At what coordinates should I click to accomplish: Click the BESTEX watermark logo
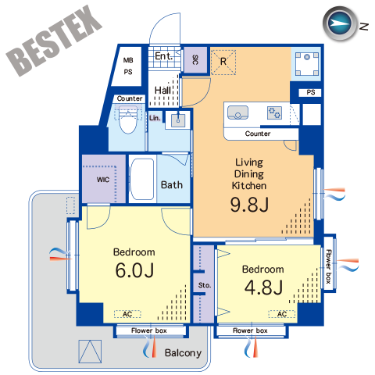coord(54,41)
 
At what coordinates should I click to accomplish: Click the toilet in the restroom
coord(128,120)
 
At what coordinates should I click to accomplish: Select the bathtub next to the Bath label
coord(141,179)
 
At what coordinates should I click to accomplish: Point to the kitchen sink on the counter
coord(237,112)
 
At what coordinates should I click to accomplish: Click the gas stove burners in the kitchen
coord(274,112)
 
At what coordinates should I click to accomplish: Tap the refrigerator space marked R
coord(223,62)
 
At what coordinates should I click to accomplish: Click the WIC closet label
coord(103,180)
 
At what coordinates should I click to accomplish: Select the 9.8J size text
coord(249,205)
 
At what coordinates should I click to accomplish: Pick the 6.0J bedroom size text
coord(134,270)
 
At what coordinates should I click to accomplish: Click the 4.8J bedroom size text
coord(263,287)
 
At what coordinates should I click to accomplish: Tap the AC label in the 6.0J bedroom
coord(127,314)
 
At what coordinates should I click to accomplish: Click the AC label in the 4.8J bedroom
coord(282,314)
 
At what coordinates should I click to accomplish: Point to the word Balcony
coord(183,353)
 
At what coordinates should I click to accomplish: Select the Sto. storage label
coord(205,285)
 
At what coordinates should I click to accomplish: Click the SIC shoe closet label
coord(195,59)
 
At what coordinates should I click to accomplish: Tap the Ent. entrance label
coord(163,56)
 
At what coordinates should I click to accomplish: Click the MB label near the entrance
coord(128,60)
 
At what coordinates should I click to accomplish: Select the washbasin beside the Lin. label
coord(178,120)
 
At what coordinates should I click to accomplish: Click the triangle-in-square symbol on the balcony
coord(90,352)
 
